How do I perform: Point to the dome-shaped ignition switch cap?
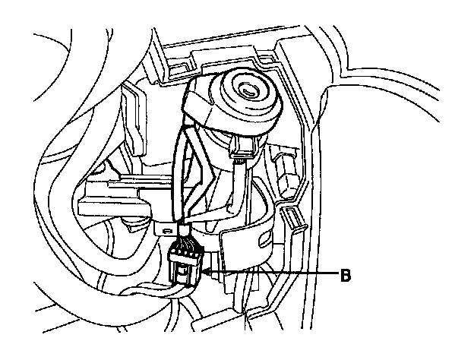[x=235, y=103]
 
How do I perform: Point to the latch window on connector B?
[x=182, y=270]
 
